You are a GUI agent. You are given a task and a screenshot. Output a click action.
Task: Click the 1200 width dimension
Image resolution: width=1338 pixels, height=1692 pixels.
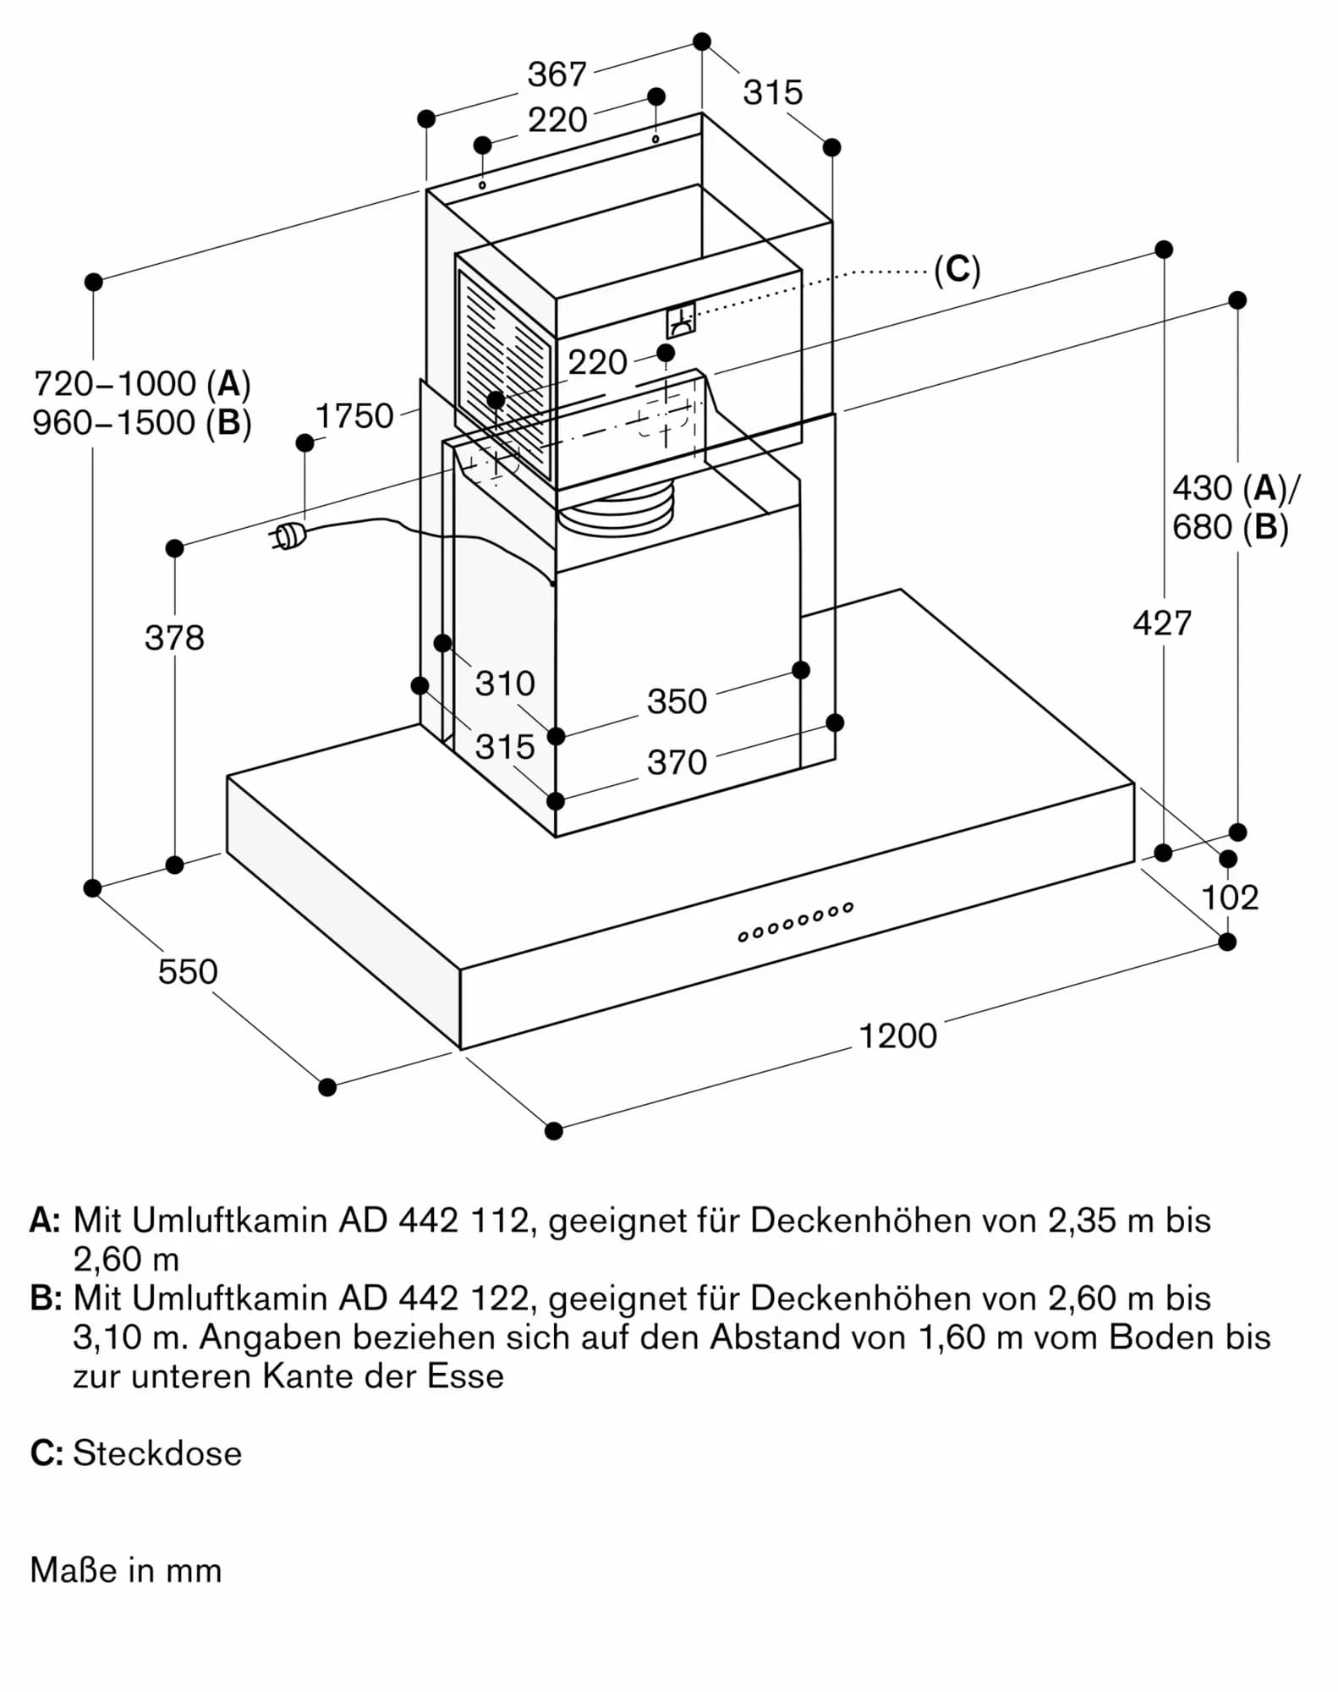click(x=897, y=1036)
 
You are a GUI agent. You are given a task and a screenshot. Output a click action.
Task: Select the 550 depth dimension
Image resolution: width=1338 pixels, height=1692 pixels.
click(x=188, y=971)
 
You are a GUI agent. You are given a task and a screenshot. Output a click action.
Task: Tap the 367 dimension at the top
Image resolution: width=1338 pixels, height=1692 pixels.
click(x=557, y=74)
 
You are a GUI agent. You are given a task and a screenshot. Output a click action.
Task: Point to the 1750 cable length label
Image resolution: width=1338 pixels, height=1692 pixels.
click(x=354, y=415)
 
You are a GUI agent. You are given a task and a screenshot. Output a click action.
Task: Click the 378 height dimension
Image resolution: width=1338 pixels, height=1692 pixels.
click(x=174, y=637)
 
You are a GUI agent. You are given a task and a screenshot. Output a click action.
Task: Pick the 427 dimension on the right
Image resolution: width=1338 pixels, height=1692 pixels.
click(x=1162, y=624)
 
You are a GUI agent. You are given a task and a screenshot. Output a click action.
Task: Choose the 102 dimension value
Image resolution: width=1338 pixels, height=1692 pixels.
click(x=1229, y=898)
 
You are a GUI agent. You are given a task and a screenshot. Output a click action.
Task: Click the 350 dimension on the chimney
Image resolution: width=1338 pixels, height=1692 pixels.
click(x=677, y=701)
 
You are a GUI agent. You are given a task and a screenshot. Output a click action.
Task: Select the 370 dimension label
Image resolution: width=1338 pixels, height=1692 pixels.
click(x=677, y=762)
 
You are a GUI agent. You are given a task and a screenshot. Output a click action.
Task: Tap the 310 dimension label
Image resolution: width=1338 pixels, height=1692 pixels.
click(x=505, y=683)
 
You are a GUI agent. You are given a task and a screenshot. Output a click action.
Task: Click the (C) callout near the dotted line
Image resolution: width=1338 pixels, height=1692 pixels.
click(x=957, y=270)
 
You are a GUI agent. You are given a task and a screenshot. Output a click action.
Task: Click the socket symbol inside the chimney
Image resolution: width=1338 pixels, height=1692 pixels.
click(x=680, y=321)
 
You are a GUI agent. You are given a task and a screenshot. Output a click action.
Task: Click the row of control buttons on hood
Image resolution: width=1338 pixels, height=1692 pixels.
click(x=795, y=921)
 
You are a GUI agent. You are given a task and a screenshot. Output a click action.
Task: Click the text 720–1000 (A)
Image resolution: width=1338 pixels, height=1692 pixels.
click(x=142, y=384)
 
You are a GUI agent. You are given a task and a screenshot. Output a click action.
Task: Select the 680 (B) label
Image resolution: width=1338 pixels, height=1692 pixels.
click(x=1230, y=527)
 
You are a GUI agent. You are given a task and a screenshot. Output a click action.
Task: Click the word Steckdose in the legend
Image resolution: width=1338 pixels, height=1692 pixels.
click(x=157, y=1453)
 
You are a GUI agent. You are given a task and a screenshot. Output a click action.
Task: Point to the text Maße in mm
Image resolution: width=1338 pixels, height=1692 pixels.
click(x=126, y=1570)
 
